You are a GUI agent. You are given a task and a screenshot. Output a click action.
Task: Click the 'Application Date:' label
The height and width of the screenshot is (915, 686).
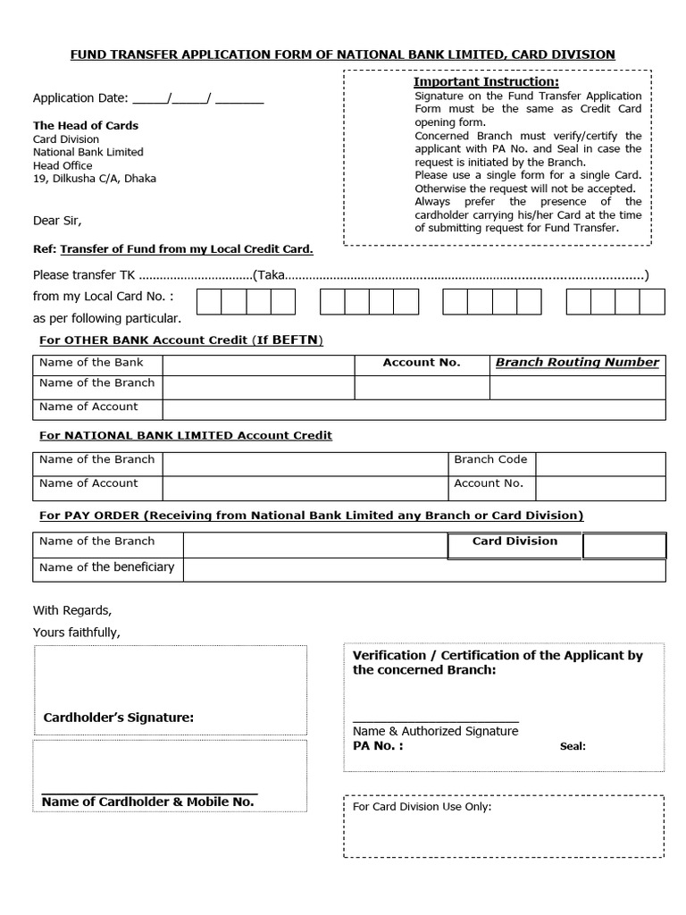point(80,98)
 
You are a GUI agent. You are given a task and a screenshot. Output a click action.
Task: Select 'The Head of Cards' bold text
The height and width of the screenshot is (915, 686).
point(86,125)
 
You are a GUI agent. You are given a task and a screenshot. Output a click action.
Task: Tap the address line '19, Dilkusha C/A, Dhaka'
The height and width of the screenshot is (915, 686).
point(94,179)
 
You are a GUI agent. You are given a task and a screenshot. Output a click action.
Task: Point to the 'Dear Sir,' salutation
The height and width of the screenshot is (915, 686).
point(63,221)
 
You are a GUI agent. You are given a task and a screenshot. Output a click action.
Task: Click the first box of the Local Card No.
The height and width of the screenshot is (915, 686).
point(208,302)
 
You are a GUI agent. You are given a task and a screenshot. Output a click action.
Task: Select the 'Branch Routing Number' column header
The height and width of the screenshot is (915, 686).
point(577,363)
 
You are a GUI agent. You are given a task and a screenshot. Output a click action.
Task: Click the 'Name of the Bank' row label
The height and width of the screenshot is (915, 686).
point(91,363)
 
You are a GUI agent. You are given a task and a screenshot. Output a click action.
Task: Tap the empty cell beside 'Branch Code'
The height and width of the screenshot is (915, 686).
point(600,464)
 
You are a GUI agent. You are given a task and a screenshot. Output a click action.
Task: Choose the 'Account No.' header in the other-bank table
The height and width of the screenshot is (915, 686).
point(422,363)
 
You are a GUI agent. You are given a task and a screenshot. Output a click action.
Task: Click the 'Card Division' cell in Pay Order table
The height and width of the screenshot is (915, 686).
point(514,541)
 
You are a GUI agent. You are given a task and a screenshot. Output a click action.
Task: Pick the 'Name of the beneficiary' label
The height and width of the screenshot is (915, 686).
point(107,567)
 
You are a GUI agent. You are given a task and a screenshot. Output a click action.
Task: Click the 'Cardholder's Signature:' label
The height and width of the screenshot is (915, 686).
point(118,718)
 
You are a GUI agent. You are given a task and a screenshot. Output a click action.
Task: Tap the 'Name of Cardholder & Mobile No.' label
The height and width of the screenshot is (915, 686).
point(147,802)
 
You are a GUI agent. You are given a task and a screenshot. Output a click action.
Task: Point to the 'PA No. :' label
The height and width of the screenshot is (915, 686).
point(378,745)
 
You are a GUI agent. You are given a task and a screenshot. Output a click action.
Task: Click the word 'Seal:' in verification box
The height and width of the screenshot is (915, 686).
point(573,746)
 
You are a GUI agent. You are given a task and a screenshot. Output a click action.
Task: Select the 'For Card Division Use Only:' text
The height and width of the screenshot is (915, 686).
point(422,807)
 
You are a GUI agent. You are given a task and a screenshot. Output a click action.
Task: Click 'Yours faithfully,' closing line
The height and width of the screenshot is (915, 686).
point(77,633)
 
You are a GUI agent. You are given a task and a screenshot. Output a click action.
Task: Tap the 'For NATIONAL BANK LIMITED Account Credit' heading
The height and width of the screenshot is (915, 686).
point(186,435)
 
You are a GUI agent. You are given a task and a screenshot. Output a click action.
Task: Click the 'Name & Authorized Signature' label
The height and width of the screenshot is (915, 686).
point(435,731)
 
